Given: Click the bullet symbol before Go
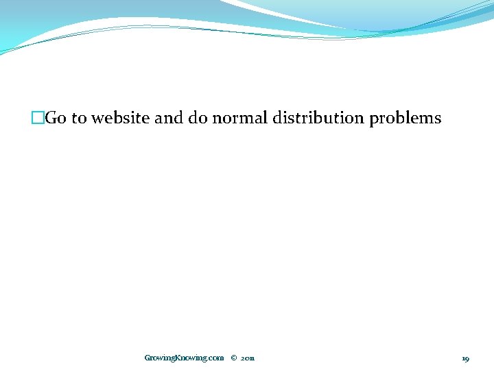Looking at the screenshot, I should click(37, 119).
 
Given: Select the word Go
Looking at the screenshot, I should click(56, 119).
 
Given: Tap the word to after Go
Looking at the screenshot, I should click(79, 119).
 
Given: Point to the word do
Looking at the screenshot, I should click(198, 119).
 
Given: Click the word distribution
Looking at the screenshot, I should click(318, 119).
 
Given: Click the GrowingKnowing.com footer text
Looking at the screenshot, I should click(184, 358).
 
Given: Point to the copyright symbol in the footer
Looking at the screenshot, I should click(234, 358).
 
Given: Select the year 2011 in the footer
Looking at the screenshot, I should click(248, 358).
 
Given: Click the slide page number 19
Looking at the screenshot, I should click(465, 358).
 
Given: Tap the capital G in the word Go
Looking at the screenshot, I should click(51, 119).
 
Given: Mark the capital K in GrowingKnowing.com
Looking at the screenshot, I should click(180, 358).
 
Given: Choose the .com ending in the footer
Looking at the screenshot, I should click(215, 358).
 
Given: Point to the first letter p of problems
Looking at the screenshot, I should click(374, 120).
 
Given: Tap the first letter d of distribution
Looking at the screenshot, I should click(277, 119).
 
